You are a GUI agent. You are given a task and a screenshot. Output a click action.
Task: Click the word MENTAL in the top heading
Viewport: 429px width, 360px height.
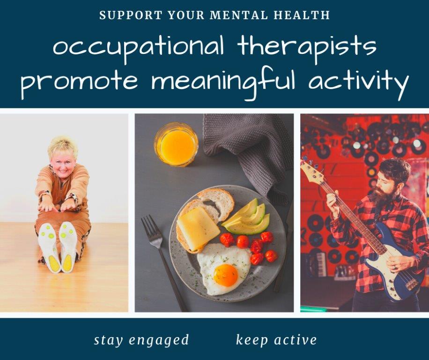[239, 15]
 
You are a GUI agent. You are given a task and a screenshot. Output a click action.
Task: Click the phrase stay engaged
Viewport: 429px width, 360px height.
[141, 340]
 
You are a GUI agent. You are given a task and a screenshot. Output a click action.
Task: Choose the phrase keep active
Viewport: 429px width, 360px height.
[276, 339]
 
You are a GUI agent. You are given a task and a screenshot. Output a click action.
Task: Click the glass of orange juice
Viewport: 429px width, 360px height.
[176, 144]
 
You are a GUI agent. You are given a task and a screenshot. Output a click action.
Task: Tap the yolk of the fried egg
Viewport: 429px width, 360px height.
[226, 275]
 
